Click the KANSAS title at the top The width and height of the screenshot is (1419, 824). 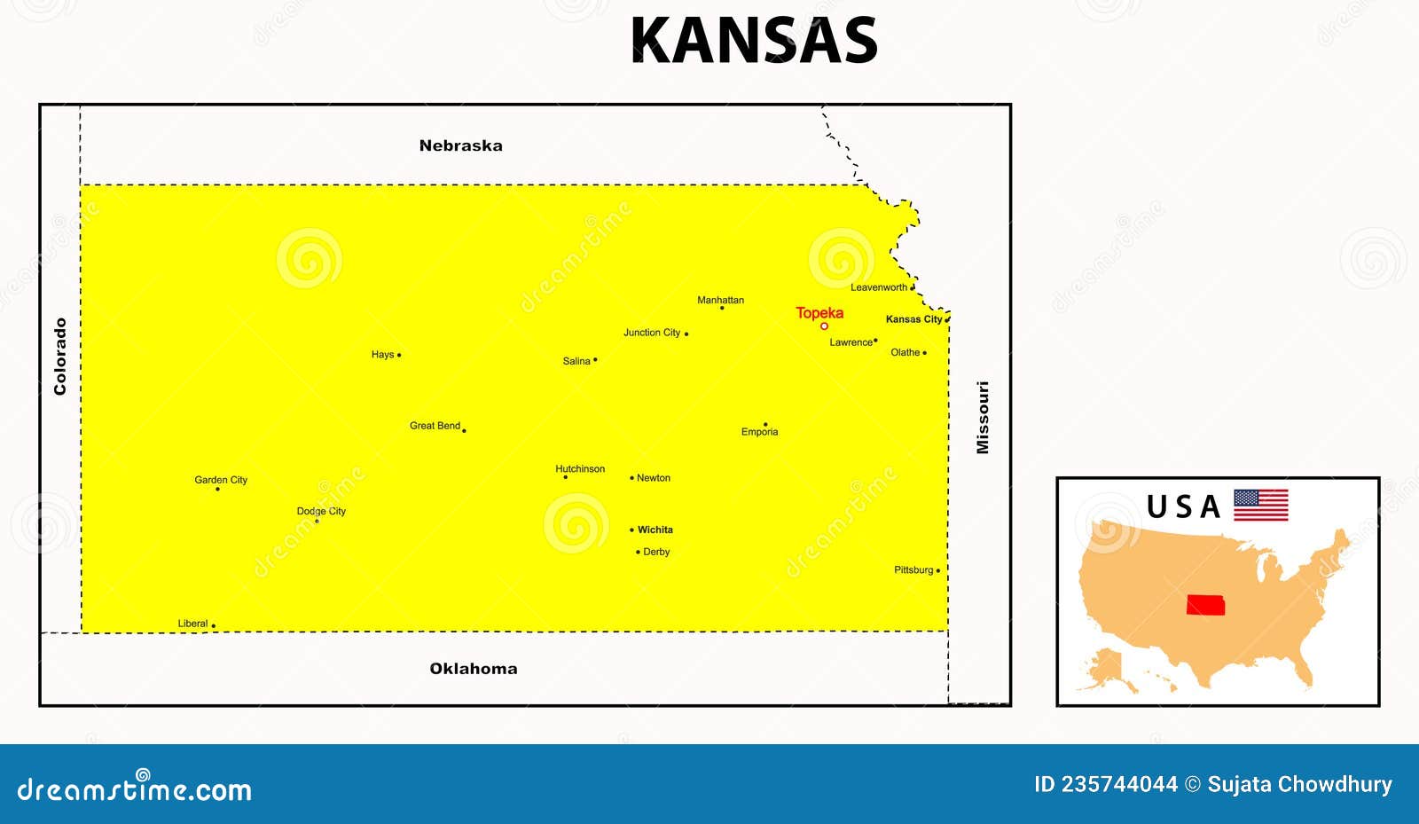pos(754,41)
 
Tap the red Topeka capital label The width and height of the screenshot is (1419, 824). pos(819,313)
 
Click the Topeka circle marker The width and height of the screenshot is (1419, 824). pos(824,326)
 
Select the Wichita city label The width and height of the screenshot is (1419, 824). pos(655,530)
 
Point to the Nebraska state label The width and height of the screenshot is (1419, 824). pos(460,145)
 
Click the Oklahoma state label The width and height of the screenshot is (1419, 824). pos(473,669)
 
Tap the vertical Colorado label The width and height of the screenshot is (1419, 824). pos(60,357)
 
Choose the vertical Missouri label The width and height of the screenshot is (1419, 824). pos(983,418)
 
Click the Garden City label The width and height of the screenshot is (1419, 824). pos(221,480)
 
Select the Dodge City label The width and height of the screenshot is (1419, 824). pos(321,511)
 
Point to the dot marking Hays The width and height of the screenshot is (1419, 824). pos(399,355)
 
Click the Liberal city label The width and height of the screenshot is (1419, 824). pos(192,624)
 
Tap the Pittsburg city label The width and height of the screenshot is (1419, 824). pos(913,570)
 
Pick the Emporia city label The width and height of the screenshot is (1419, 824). pos(759,432)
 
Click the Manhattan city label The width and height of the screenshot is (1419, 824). pos(720,300)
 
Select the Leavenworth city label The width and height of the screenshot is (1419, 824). pos(878,287)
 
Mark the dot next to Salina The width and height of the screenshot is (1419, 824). pos(595,360)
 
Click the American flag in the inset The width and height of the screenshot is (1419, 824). pos(1260,505)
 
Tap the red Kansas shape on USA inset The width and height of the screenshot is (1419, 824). pos(1205,605)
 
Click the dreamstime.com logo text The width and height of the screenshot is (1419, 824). pos(135,789)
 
